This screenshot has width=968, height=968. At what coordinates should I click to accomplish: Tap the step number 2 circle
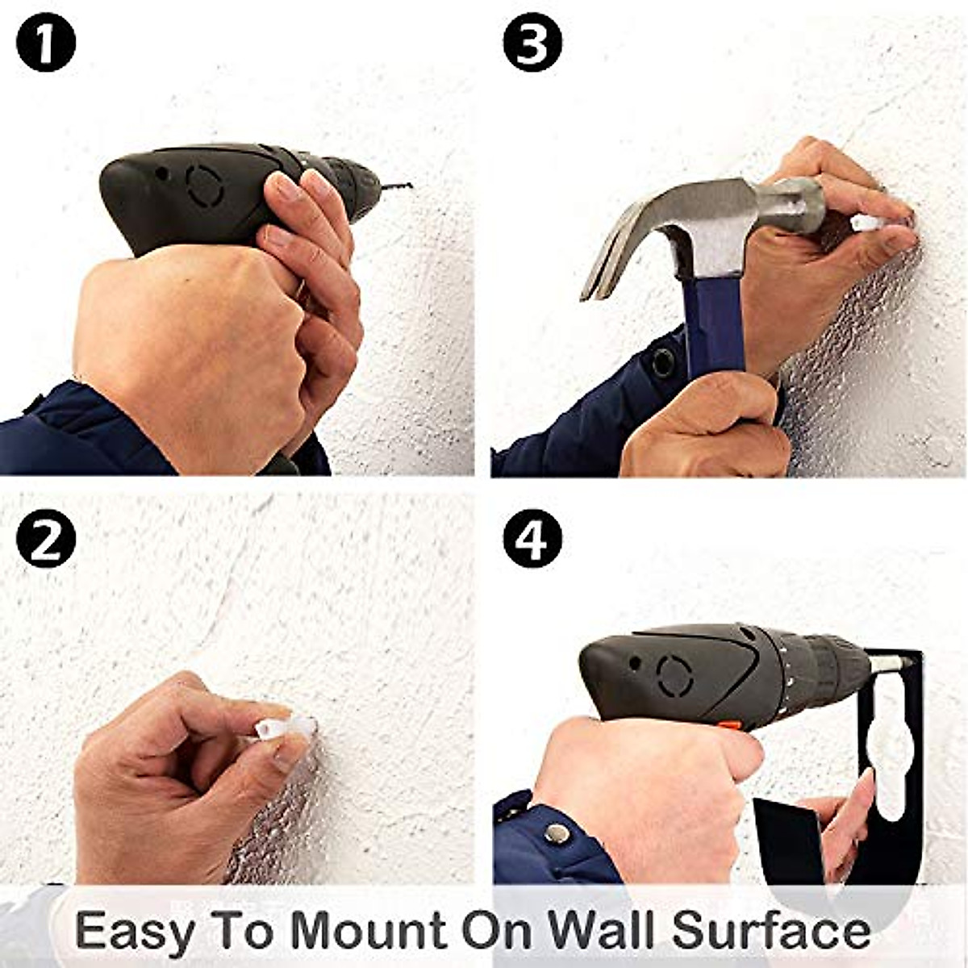pyautogui.click(x=46, y=540)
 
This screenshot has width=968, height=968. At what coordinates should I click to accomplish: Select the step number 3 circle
pyautogui.click(x=532, y=44)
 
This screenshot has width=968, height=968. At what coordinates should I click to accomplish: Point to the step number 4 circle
pyautogui.click(x=532, y=540)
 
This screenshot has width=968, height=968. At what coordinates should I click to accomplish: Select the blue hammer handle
pyautogui.click(x=714, y=323)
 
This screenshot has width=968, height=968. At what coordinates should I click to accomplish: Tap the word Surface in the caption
pyautogui.click(x=770, y=930)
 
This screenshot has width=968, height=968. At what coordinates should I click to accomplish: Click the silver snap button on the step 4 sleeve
pyautogui.click(x=554, y=832)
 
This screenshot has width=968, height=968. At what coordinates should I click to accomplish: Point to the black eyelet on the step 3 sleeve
pyautogui.click(x=663, y=362)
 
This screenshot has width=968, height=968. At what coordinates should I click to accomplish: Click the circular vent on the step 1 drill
pyautogui.click(x=203, y=186)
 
